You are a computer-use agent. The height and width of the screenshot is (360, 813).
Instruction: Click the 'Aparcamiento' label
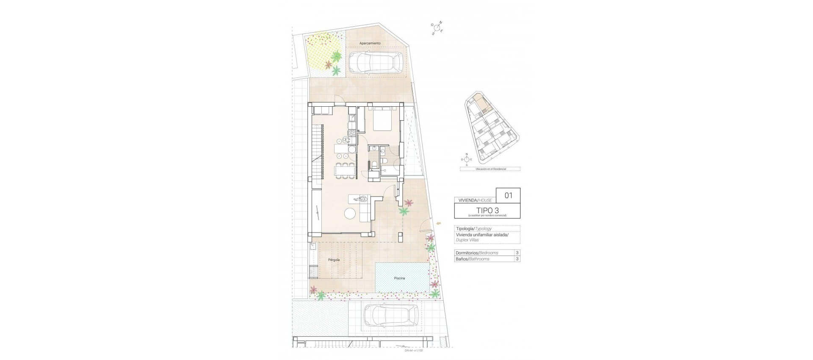click(370, 43)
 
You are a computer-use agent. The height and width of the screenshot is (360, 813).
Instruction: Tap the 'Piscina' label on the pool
click(399, 278)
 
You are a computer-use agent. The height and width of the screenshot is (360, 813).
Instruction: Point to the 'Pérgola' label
click(334, 260)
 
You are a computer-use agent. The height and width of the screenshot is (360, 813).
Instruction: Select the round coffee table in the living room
click(350, 214)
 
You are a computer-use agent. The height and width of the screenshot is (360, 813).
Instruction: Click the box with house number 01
click(508, 195)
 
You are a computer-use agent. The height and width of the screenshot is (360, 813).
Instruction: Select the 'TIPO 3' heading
click(487, 210)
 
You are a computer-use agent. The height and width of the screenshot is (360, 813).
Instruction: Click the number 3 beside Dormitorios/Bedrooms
click(517, 253)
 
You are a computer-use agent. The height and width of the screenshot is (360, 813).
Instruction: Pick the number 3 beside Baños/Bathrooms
click(517, 259)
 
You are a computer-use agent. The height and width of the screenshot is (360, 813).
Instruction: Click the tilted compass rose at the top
click(437, 28)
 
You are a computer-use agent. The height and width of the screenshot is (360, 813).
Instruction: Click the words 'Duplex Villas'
click(467, 240)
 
